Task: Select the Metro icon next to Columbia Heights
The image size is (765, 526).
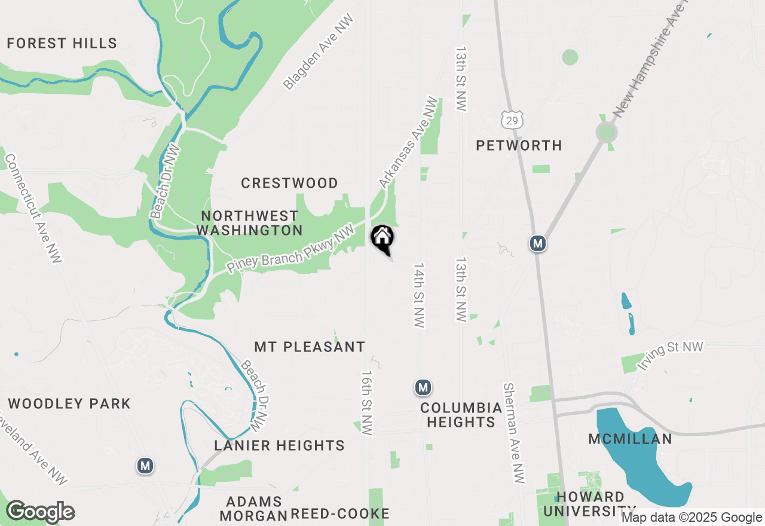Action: point(423,388)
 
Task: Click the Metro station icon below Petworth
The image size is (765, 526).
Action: point(538,243)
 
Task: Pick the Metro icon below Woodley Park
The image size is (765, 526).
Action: point(145,465)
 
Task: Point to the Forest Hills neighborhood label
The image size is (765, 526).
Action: point(62,43)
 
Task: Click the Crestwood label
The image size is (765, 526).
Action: point(289,183)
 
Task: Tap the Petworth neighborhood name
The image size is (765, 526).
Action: point(519,145)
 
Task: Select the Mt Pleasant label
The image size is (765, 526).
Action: point(310,347)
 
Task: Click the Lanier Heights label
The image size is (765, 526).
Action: point(280,445)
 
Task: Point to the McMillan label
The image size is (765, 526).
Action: point(631,439)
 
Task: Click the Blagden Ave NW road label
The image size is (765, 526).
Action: point(319,53)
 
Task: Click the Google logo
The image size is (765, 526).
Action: point(39,512)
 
